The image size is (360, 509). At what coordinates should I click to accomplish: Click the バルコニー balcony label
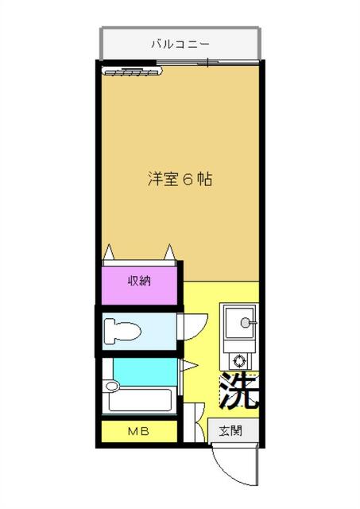coord(180,44)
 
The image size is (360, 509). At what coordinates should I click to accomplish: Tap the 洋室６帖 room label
coord(180,179)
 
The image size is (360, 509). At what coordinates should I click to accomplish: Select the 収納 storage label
coord(139,281)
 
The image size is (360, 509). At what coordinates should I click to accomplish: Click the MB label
coord(138,431)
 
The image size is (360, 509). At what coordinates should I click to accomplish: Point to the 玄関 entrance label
coord(230,431)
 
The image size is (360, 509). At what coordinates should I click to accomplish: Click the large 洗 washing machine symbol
coord(239,390)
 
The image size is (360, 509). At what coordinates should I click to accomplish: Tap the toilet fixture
coord(122,332)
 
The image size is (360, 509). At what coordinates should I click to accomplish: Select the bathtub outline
coord(140,399)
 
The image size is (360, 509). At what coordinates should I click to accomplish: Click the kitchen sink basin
coord(239,322)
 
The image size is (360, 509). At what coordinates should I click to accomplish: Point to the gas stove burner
coord(240,361)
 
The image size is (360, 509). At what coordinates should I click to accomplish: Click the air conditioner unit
coord(132,71)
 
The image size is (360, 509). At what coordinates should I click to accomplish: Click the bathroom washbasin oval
coord(112,386)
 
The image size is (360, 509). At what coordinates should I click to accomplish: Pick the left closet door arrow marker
coord(110,252)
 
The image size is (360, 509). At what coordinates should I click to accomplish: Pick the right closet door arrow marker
coord(169,252)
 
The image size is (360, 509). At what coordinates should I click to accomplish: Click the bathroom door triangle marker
coord(188,366)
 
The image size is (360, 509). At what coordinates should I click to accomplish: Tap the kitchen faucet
coord(249,323)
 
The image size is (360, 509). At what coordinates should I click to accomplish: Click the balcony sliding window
coord(207,62)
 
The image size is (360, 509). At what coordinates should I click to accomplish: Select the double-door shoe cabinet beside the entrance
coord(194,422)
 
